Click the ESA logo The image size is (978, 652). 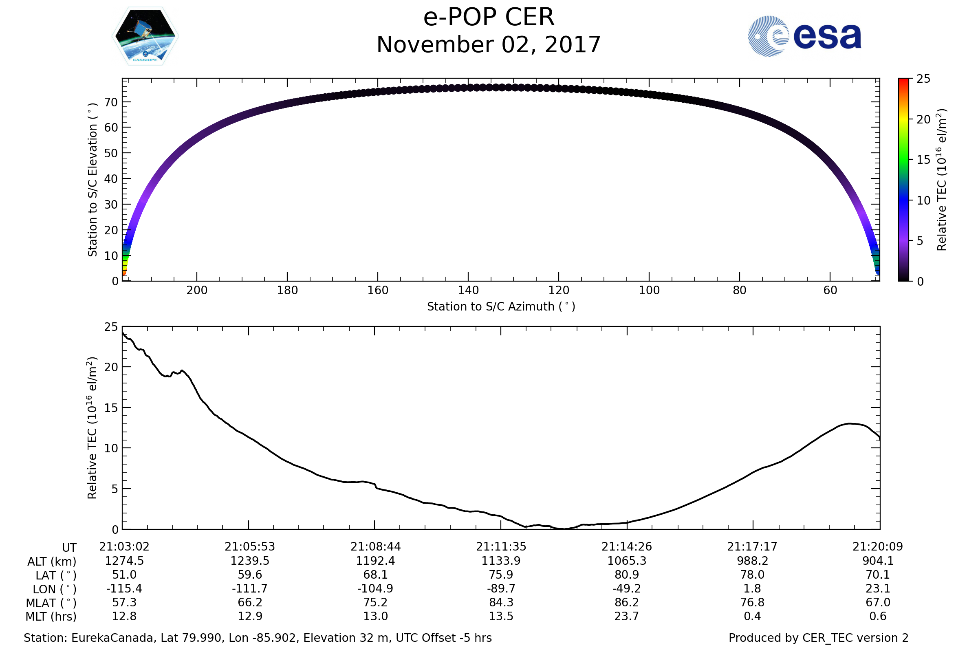804,36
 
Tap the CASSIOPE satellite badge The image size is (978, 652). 145,36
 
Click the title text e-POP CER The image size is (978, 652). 489,18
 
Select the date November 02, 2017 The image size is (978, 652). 489,45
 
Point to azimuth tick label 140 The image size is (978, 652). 468,290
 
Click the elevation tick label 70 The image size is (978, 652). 111,102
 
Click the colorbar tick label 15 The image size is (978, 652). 923,160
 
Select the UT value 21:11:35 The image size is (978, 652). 501,547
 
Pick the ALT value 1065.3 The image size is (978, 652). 627,561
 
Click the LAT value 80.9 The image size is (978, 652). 627,575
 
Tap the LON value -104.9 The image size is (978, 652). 375,589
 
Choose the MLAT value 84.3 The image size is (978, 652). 501,603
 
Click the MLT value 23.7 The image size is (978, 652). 627,616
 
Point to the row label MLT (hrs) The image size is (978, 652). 51,617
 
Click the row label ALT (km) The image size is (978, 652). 52,562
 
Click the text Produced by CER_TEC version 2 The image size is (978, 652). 818,638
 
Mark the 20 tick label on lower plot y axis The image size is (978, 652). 111,367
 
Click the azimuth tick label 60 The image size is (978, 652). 830,290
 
